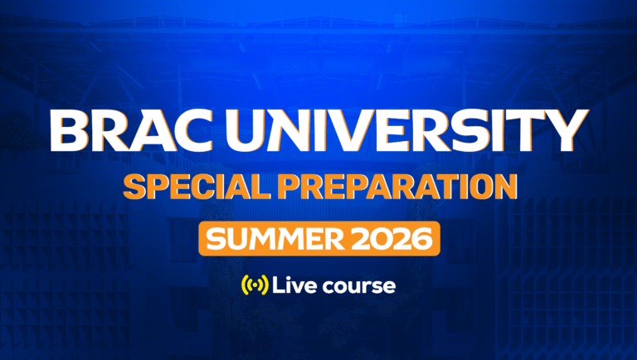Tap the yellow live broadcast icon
point(254,286)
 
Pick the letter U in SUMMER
point(234,240)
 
